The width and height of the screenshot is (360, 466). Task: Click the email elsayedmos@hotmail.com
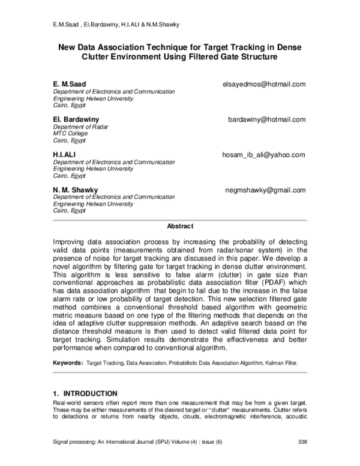[x=265, y=84]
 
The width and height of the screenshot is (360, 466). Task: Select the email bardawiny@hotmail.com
[x=267, y=120]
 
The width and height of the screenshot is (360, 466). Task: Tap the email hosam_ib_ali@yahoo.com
[x=264, y=155]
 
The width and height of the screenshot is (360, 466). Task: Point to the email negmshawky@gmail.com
[x=265, y=190]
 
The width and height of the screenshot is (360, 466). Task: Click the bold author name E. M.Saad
[x=70, y=84]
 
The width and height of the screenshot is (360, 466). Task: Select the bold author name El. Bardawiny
[x=76, y=120]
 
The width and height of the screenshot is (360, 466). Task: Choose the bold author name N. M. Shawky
[x=76, y=190]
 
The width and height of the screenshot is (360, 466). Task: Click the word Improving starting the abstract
[x=71, y=240]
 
